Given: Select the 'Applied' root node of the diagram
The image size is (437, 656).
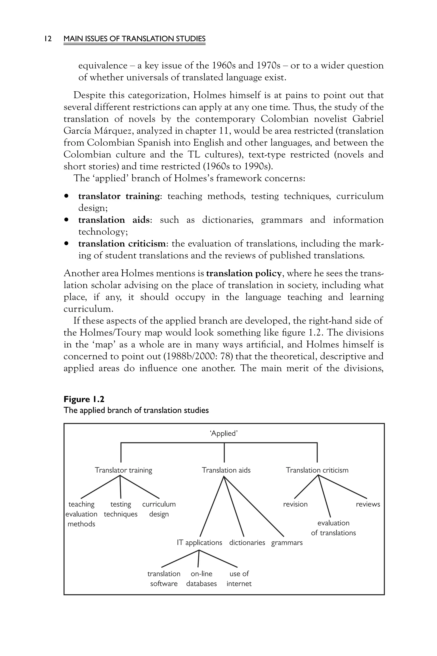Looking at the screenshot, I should tap(224, 433).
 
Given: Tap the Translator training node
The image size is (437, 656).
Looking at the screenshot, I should tap(124, 470).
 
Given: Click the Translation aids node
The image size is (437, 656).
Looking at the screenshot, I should tap(226, 470).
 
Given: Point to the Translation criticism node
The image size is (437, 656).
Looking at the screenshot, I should tap(317, 470).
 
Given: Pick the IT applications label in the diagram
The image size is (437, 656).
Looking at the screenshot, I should tap(200, 542).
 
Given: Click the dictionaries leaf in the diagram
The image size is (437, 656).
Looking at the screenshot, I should tap(247, 542).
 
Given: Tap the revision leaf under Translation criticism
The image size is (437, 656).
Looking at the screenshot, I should tap(295, 504).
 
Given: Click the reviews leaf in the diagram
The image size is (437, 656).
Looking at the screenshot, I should tap(368, 504).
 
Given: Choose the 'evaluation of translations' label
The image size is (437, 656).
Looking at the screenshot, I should tap(333, 528).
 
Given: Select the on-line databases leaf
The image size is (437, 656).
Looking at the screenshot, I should tap(201, 578).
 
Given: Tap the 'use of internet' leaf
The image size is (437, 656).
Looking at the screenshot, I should tap(239, 578).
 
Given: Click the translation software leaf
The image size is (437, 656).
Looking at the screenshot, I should tap(164, 578).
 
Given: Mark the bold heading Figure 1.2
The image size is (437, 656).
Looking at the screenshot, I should tap(84, 399).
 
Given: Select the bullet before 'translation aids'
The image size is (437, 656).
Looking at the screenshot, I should tap(66, 220).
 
